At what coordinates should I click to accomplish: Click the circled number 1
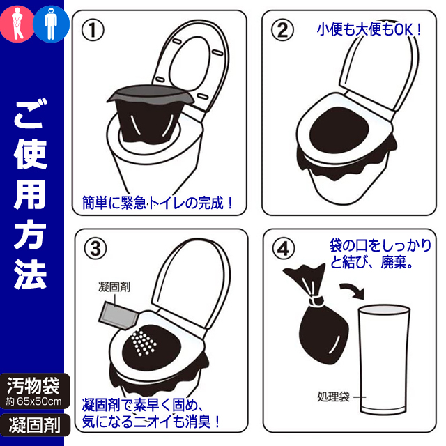tap(93, 30)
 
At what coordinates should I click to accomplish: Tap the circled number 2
tap(282, 30)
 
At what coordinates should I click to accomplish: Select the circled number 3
tap(95, 248)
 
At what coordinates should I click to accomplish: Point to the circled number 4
tap(284, 248)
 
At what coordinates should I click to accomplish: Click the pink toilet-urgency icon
tap(17, 24)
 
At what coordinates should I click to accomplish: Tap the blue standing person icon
tap(51, 24)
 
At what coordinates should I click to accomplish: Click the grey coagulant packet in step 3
tap(117, 315)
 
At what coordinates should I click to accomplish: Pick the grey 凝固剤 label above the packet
tap(114, 286)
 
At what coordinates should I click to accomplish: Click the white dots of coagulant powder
tap(144, 342)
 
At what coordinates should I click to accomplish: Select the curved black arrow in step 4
tap(353, 290)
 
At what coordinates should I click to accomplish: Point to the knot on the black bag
tap(316, 301)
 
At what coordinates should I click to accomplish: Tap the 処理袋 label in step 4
tap(333, 397)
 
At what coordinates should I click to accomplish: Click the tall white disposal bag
tap(383, 360)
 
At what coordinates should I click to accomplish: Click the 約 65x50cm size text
tap(33, 401)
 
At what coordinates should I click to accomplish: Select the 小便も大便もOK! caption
tap(369, 29)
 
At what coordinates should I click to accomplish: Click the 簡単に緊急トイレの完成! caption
tap(157, 203)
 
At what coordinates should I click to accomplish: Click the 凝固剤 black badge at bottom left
tap(35, 425)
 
